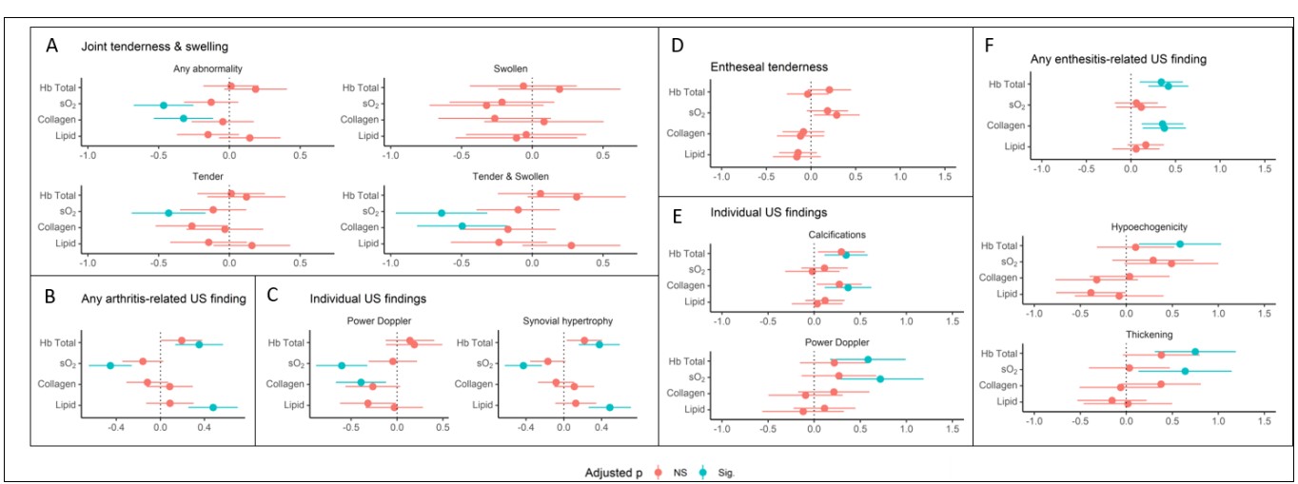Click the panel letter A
click(46, 44)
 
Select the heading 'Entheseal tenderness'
click(769, 66)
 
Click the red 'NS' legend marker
click(657, 471)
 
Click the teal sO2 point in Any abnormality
click(164, 105)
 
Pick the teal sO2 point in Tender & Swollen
click(442, 213)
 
